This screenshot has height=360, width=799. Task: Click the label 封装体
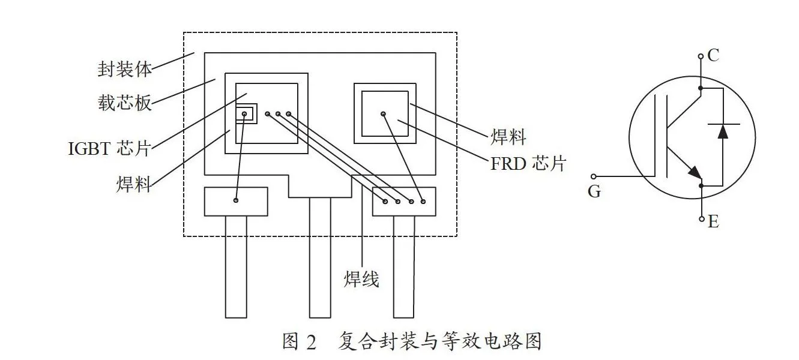(125, 69)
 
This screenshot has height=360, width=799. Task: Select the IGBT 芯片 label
(109, 148)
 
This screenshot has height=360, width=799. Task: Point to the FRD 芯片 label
(528, 164)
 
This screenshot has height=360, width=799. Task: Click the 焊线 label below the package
(361, 279)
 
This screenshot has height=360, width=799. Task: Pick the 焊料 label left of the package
(134, 184)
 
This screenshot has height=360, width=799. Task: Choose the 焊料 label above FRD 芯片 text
(508, 137)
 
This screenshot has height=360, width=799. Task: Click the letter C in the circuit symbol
(713, 55)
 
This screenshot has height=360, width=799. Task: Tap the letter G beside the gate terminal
(594, 191)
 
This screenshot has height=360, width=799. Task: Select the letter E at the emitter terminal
(713, 222)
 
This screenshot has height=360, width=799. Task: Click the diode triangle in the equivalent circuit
(723, 131)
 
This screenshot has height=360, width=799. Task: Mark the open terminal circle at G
(594, 176)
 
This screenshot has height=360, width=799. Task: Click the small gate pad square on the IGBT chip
(246, 114)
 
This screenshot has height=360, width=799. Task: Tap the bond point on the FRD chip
(383, 114)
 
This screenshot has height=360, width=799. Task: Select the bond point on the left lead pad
(236, 200)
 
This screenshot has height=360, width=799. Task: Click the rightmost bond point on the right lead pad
(423, 202)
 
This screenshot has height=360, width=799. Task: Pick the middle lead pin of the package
(320, 257)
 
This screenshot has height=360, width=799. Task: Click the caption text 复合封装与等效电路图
(440, 341)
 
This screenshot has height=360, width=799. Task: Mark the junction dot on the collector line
(700, 88)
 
